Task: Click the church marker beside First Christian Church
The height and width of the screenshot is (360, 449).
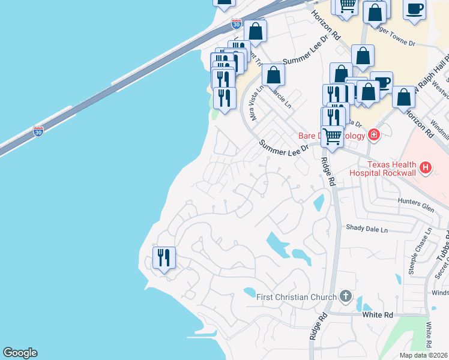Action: [345, 296]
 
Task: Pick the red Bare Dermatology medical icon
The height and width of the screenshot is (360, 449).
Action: [374, 135]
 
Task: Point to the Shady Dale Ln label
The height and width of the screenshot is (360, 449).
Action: [367, 229]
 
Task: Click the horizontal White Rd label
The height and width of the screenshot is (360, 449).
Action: [378, 314]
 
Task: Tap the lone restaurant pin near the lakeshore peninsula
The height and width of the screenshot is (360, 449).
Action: [164, 258]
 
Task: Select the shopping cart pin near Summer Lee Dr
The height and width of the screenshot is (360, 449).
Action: [332, 135]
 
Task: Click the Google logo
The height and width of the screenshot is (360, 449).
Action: [20, 353]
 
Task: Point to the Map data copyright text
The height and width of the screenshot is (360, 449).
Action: [423, 355]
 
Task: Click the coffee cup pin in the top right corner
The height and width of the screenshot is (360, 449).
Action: [414, 9]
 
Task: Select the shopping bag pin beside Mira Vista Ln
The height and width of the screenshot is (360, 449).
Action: [273, 76]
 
